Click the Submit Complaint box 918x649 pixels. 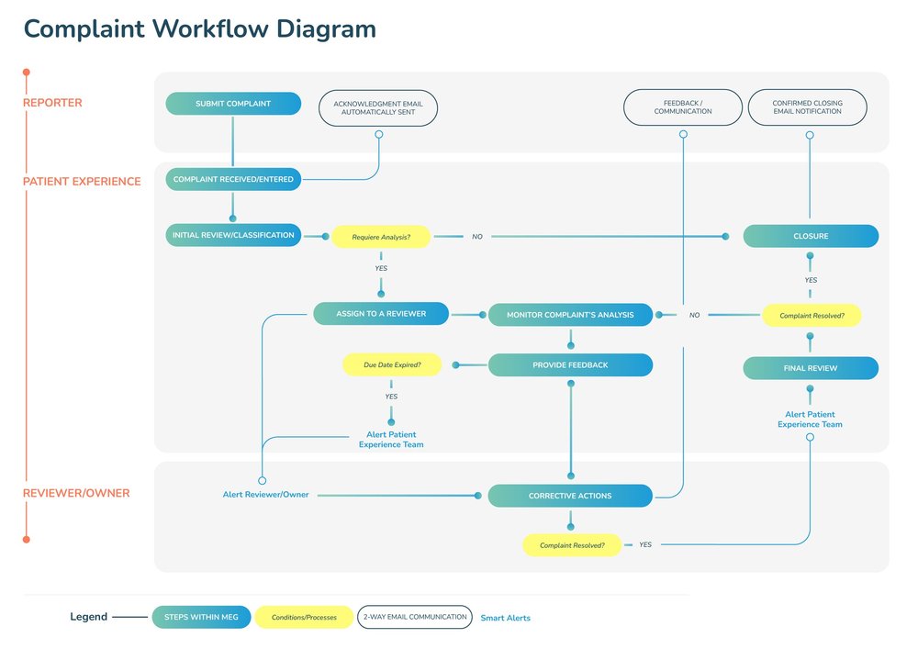click(233, 104)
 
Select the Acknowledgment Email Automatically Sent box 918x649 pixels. click(378, 107)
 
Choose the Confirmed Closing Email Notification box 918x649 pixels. click(808, 107)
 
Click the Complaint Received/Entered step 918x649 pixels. click(233, 179)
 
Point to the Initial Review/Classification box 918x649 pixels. click(233, 236)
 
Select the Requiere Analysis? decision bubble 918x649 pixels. click(381, 237)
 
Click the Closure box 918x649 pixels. click(811, 236)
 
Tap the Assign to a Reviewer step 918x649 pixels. click(381, 314)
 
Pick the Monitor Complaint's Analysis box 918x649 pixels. click(570, 315)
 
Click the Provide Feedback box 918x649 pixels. click(570, 365)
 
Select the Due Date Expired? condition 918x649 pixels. click(392, 365)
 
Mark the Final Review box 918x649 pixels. click(811, 368)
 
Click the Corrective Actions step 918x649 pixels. click(570, 497)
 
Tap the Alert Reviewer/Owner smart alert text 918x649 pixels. click(266, 495)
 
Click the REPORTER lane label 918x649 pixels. click(52, 103)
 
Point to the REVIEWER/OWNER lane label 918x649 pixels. click(76, 493)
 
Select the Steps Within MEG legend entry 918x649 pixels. click(201, 617)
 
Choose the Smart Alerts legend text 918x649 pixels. click(505, 618)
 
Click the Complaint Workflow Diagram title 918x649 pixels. click(199, 28)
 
